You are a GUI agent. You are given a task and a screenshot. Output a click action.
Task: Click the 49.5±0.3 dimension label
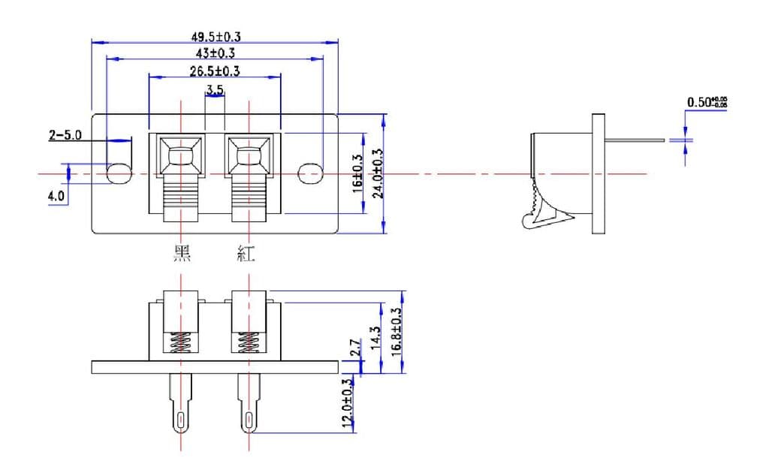click(x=215, y=36)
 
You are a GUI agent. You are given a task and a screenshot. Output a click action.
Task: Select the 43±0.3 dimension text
click(x=215, y=53)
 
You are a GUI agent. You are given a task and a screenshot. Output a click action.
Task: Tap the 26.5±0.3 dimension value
click(x=215, y=71)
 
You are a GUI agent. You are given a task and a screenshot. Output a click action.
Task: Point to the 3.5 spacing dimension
click(x=215, y=90)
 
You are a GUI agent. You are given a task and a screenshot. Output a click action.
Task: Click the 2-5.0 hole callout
click(x=65, y=136)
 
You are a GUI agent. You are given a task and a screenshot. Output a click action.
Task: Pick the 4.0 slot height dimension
click(x=57, y=197)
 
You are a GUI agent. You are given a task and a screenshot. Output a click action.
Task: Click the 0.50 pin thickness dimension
click(x=707, y=102)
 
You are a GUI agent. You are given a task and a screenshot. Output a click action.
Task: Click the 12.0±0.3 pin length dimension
click(x=347, y=404)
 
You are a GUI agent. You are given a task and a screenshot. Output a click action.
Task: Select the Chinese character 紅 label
click(x=245, y=255)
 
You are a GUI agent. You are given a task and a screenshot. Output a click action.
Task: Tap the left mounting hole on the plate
click(x=119, y=173)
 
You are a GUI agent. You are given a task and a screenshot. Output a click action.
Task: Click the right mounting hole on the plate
click(x=309, y=173)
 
